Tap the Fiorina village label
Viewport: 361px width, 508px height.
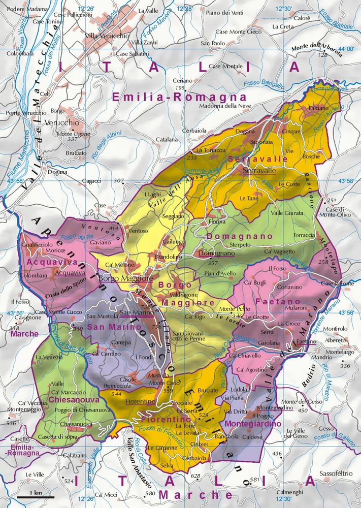[217, 222]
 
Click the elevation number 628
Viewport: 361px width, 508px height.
[195, 476]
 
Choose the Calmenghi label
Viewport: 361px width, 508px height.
[290, 492]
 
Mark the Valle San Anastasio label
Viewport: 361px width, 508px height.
[141, 462]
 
